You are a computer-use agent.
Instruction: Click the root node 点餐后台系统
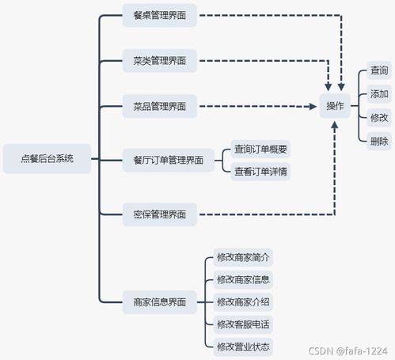click(47, 158)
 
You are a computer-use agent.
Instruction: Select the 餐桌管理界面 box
click(160, 15)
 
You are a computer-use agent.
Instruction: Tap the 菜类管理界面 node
click(160, 60)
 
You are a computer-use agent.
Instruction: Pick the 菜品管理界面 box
click(160, 106)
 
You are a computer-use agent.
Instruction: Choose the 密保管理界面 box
click(160, 214)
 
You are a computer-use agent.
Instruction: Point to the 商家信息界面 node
click(160, 301)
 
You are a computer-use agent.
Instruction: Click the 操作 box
click(336, 106)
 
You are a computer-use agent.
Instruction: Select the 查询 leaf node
click(379, 71)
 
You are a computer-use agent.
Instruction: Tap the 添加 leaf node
click(379, 94)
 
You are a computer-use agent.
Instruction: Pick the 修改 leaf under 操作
click(379, 117)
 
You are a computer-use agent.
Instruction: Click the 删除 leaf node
click(379, 141)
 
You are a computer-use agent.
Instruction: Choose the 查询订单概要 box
click(260, 149)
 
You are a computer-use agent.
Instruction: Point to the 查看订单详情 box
click(260, 171)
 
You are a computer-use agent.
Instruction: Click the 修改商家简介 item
click(243, 257)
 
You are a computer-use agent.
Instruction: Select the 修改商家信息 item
click(243, 279)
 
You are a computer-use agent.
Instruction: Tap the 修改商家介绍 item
click(243, 301)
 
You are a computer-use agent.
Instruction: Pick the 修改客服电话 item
click(243, 324)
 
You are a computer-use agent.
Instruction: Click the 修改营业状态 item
click(243, 346)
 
